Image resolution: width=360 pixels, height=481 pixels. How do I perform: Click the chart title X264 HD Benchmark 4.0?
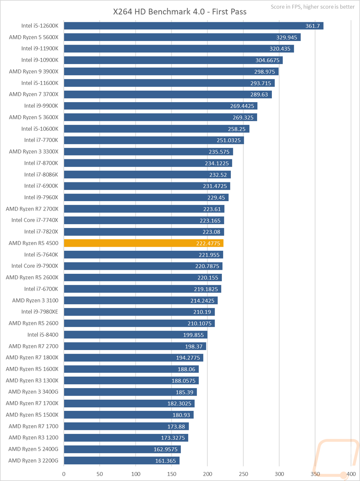coord(180,12)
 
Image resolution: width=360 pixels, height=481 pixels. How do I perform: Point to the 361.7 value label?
coord(312,26)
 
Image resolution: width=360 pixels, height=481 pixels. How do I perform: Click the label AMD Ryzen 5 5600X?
coord(33,37)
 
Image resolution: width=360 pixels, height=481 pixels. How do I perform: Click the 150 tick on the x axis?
coord(172,474)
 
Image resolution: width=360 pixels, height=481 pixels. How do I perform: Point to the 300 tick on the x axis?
coord(279,474)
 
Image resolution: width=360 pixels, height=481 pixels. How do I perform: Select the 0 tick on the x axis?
coord(64,474)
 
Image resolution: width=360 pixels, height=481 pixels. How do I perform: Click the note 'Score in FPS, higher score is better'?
coord(312,7)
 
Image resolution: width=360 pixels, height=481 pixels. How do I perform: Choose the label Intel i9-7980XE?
coord(40,312)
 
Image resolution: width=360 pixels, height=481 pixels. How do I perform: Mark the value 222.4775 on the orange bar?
coord(208,244)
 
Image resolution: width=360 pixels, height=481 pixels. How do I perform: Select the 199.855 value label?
coord(193,335)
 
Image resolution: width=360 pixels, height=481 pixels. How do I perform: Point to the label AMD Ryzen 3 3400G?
coord(33,392)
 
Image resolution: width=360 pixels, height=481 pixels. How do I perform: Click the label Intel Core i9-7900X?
coord(35,266)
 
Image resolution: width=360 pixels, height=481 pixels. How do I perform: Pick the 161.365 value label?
coord(166,461)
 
